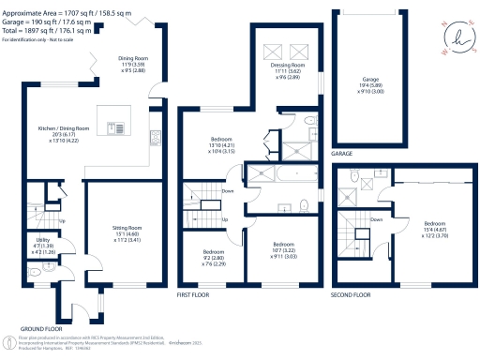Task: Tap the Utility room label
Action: (x=41, y=240)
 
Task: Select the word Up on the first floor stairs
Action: (x=225, y=219)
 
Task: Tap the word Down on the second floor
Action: (x=376, y=220)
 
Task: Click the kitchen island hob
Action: (x=118, y=127)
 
